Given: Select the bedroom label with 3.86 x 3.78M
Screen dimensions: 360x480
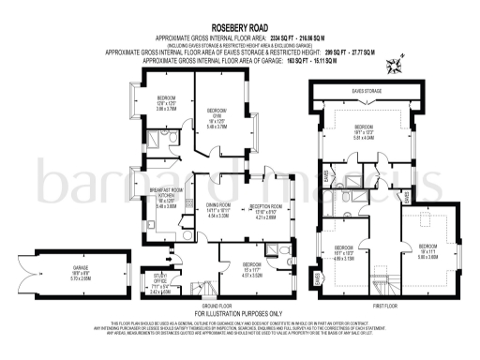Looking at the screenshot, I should [166, 103].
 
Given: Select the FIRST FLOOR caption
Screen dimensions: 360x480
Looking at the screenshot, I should [384, 304].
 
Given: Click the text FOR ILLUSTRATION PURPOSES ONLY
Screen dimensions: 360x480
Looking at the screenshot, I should [238, 312].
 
